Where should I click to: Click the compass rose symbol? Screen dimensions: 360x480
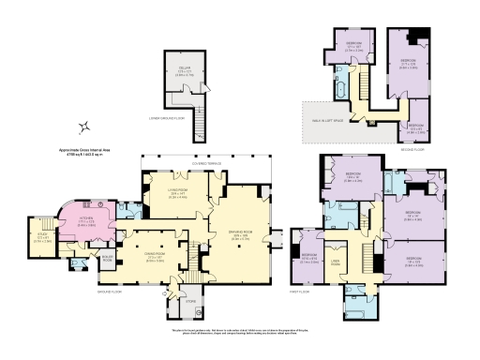84,127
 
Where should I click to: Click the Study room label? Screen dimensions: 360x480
42,237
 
